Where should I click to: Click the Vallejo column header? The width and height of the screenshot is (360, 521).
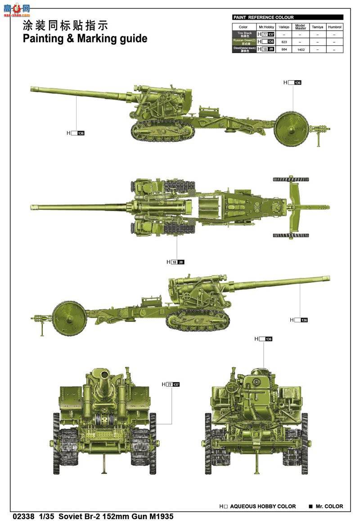(283, 27)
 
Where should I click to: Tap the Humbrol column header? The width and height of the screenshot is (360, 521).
(334, 27)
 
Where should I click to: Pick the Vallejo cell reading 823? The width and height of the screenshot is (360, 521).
(283, 41)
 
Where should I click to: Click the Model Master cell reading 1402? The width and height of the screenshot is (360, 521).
(301, 50)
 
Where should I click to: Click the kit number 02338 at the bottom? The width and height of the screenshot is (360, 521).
(23, 516)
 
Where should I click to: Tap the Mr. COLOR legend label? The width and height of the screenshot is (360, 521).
(329, 506)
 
